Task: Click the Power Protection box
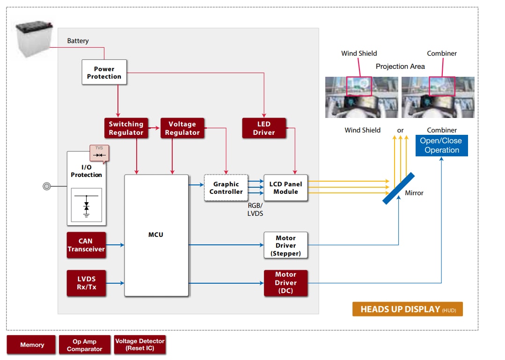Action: coord(104,73)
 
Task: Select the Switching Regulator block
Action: coord(126,128)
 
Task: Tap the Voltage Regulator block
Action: coord(182,128)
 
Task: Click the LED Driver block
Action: coord(264,128)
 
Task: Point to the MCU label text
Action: coord(156,235)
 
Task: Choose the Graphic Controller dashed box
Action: coord(226,188)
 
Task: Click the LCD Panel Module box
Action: coord(285,188)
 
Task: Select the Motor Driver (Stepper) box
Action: coord(285,245)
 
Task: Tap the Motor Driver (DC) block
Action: coord(285,283)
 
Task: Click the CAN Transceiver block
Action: coord(86,245)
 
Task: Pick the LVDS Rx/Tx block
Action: coord(87,283)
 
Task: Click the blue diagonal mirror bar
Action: coord(398,188)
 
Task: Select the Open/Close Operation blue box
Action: coord(441,146)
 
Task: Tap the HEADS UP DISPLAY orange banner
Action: coord(407,309)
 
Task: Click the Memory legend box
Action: coord(31,345)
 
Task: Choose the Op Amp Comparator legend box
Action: coord(84,345)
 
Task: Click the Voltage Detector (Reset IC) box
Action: coord(140,345)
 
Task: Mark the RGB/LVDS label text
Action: coord(255,209)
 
